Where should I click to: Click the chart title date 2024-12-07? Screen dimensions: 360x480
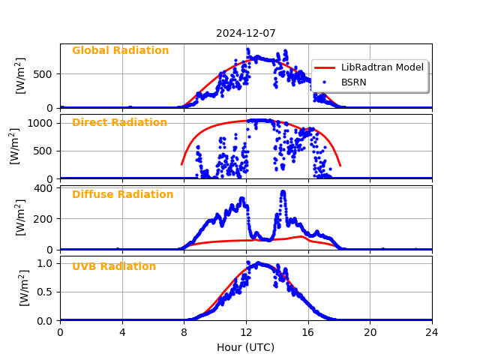point(246,33)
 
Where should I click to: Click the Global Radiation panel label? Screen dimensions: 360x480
point(120,51)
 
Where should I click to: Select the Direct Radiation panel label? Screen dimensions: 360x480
point(119,123)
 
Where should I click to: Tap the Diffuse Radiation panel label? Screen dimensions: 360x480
point(122,195)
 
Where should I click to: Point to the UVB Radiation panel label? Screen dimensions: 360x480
point(114,267)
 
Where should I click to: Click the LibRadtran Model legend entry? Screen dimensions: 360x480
point(382,67)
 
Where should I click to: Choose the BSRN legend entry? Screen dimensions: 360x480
point(353,82)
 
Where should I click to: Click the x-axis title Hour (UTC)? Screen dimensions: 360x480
point(246,348)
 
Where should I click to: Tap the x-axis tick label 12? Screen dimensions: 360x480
point(246,332)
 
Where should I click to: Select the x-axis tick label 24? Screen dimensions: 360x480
point(432,332)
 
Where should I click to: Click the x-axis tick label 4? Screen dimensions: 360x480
point(122,332)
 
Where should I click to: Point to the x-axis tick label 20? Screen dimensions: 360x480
point(370,332)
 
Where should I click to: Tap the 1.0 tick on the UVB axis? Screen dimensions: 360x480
point(46,263)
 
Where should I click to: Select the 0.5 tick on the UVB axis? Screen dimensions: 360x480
point(46,292)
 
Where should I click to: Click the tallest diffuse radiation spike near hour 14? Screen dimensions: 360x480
point(283,192)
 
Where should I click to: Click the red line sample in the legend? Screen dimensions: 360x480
point(325,67)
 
